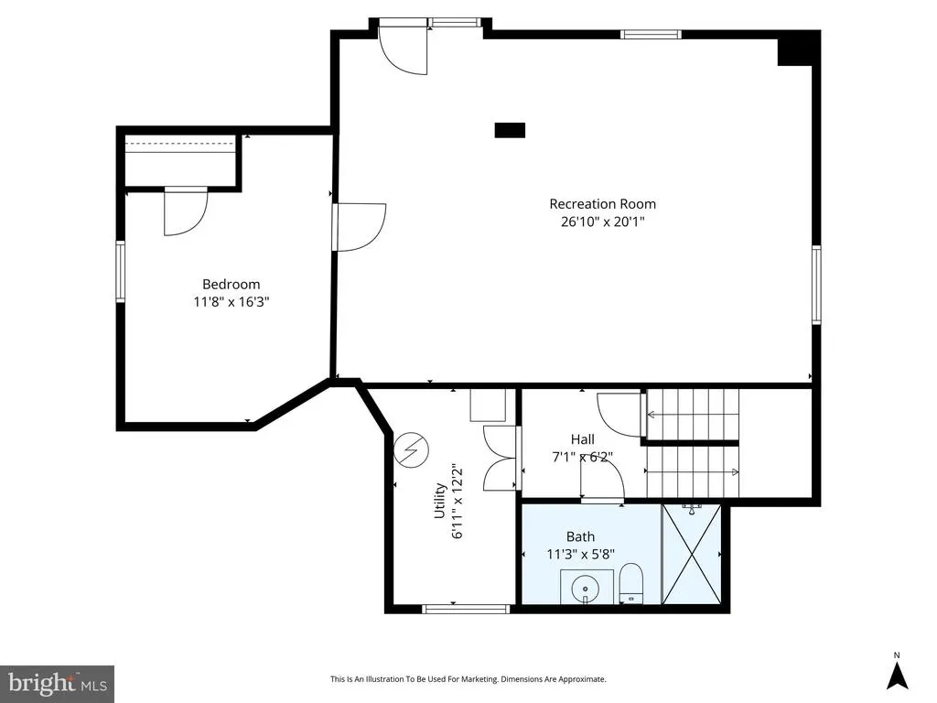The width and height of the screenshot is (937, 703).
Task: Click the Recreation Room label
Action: [x=602, y=204]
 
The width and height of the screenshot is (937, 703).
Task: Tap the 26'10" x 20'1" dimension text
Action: [x=602, y=222]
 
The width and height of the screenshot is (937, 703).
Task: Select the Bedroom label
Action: [x=232, y=284]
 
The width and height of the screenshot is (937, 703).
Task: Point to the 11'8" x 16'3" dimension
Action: [x=232, y=302]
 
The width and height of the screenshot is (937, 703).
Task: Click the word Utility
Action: [x=440, y=501]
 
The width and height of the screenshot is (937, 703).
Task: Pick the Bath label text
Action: [x=580, y=536]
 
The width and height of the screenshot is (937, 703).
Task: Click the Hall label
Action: [x=582, y=439]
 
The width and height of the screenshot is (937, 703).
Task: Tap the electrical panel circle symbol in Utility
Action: [x=412, y=449]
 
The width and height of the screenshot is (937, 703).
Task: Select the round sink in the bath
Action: [x=583, y=589]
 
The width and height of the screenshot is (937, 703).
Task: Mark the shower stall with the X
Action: [x=692, y=554]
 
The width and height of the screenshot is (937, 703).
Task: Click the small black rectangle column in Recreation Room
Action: [x=510, y=130]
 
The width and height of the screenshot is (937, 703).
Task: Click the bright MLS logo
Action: [x=57, y=684]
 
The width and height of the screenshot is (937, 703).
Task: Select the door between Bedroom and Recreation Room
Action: [x=359, y=227]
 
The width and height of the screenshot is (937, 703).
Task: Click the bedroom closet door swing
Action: [x=186, y=211]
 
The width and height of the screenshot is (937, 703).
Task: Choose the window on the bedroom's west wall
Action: [x=120, y=271]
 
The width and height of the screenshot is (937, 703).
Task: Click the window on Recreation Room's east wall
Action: [x=816, y=284]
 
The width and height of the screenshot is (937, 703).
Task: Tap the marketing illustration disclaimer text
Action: [x=468, y=679]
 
